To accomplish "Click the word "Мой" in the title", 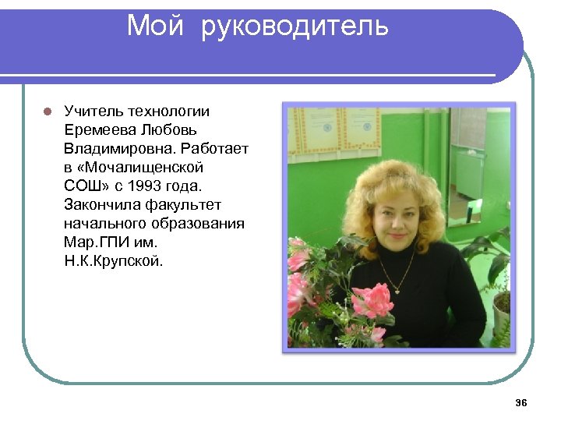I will [x=155, y=26].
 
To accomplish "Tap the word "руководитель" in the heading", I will [x=295, y=26].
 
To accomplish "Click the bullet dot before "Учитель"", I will [x=47, y=111].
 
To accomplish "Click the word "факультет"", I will [x=183, y=205].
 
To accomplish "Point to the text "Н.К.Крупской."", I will [x=114, y=261].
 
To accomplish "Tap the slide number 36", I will [x=521, y=402].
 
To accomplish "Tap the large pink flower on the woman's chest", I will [x=373, y=300].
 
